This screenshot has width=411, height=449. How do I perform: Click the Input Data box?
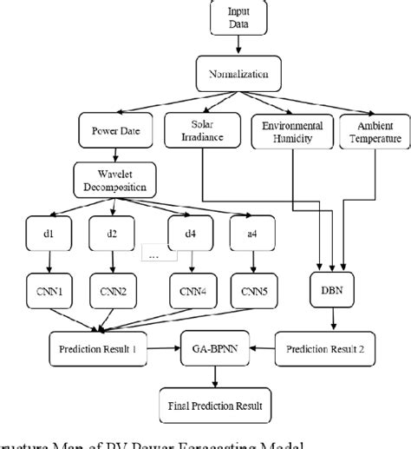click(236, 19)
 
